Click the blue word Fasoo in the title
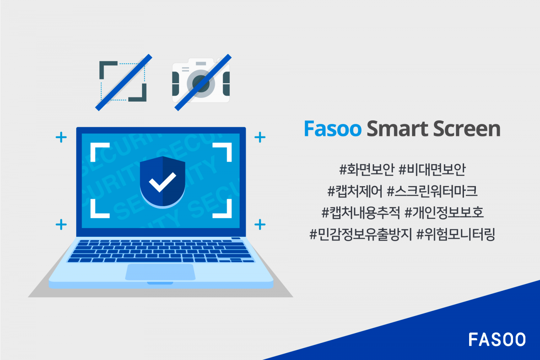coord(333,129)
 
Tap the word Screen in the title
coord(467,129)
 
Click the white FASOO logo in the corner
coord(497,340)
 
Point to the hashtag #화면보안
coord(367,169)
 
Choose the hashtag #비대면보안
coord(432,169)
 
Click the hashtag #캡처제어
coord(355,191)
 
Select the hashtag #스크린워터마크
coord(432,191)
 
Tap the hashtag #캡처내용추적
coord(360,213)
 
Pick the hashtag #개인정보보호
coord(444,213)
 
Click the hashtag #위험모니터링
coord(456,234)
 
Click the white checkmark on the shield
coord(162,182)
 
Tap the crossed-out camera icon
coord(201,82)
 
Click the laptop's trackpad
coord(160,272)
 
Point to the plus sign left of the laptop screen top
coord(61,137)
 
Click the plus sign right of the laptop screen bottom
coord(260,224)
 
